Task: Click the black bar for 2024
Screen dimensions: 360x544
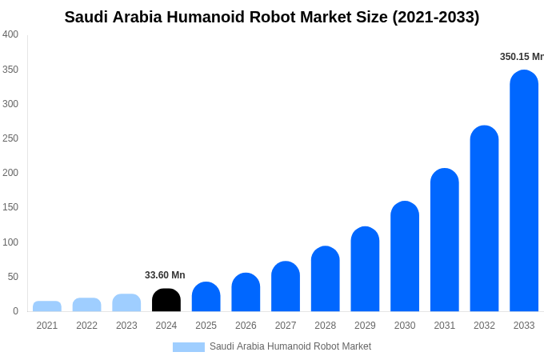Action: [x=166, y=300]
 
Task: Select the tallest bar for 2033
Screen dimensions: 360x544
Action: [x=524, y=192]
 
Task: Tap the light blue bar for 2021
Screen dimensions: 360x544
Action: [x=47, y=306]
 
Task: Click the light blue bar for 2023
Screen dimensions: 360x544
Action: [x=126, y=303]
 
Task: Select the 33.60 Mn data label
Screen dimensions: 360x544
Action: [x=165, y=275]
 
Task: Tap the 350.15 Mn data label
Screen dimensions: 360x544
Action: [x=522, y=57]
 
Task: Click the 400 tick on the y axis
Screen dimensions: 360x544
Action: [x=10, y=34]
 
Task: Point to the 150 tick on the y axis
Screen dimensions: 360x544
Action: [x=10, y=207]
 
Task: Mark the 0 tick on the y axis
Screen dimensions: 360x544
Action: [x=15, y=311]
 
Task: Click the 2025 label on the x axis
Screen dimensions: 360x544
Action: [x=206, y=326]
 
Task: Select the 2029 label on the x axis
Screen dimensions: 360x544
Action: [x=365, y=326]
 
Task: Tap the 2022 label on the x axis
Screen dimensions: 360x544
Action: [x=86, y=326]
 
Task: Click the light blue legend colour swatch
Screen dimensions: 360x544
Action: [x=189, y=346]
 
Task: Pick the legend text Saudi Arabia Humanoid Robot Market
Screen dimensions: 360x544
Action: [x=290, y=346]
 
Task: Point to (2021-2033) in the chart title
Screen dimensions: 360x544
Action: [x=436, y=17]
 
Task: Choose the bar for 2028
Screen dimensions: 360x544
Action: [x=325, y=279]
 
